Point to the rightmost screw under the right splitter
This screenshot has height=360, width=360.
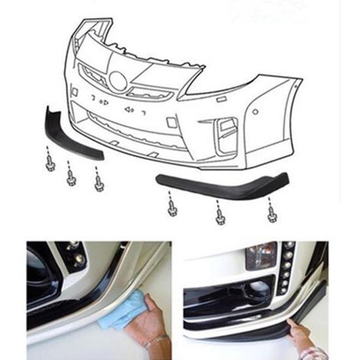[x=272, y=211]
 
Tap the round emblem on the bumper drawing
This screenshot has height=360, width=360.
[x=118, y=81]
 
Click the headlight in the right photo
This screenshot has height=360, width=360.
[x=261, y=256]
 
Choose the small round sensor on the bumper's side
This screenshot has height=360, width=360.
[x=255, y=111]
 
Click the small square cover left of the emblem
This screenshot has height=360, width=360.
[x=73, y=91]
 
